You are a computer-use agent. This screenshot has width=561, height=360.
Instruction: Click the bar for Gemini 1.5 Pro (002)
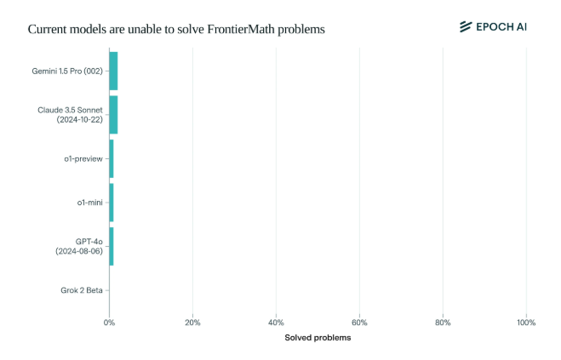click(x=113, y=71)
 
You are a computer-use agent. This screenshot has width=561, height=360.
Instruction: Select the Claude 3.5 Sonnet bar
click(x=113, y=115)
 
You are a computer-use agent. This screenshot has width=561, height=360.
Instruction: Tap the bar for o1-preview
click(x=112, y=158)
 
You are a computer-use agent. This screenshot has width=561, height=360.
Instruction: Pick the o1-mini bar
click(x=112, y=203)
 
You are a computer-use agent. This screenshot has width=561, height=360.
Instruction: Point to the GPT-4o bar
click(x=112, y=246)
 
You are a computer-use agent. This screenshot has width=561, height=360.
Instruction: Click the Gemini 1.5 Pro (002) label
click(x=67, y=71)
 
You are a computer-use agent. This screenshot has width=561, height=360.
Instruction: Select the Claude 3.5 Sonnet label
click(x=70, y=115)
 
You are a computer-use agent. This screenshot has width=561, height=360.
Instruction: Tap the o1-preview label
click(x=83, y=159)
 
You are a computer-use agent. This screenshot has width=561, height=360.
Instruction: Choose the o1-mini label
click(x=89, y=203)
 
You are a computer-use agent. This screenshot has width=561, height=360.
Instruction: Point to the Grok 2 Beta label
click(x=82, y=290)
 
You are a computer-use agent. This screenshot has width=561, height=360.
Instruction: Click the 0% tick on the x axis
click(x=109, y=323)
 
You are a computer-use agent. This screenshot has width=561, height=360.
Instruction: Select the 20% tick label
click(x=192, y=323)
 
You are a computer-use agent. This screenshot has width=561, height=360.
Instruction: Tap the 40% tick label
click(x=276, y=323)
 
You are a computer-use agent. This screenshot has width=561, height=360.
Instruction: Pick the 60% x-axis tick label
click(x=359, y=323)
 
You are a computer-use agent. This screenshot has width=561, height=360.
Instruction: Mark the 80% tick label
click(x=443, y=323)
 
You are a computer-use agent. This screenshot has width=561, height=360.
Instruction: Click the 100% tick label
click(x=526, y=323)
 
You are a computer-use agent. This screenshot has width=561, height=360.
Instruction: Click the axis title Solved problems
click(x=318, y=338)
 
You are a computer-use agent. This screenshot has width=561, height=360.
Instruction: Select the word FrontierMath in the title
click(x=243, y=29)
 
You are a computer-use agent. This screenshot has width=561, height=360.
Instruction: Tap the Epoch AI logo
click(x=493, y=26)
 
